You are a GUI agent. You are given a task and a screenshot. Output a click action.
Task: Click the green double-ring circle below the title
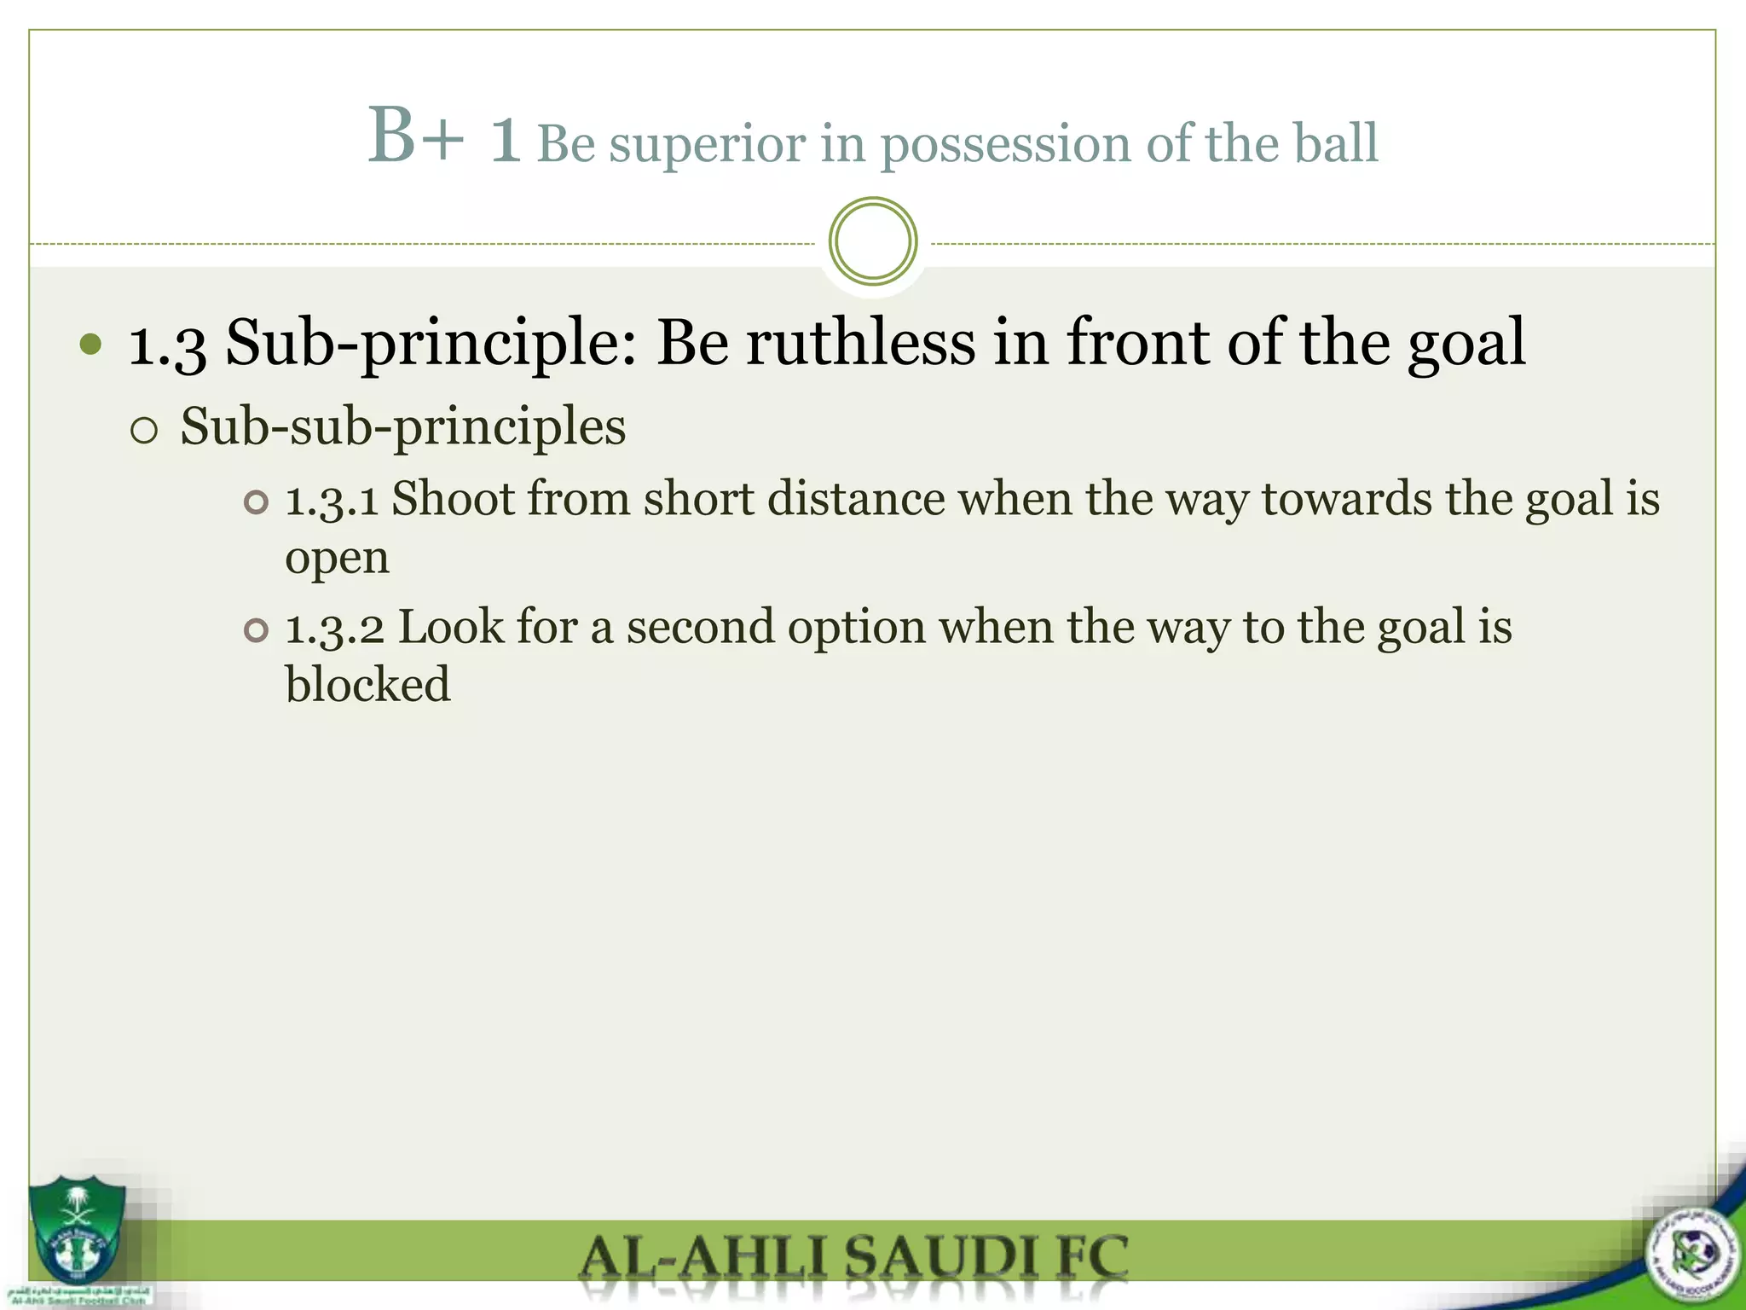[872, 241]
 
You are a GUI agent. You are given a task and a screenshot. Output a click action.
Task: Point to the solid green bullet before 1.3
[90, 345]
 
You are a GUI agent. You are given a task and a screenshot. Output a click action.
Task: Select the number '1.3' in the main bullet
[167, 345]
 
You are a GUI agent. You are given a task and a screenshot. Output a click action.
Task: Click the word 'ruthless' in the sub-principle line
[860, 343]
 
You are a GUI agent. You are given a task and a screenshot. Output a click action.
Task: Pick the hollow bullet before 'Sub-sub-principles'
[145, 430]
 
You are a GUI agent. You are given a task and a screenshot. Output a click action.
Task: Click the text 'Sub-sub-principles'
[402, 426]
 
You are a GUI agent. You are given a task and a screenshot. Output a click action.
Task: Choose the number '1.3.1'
[332, 500]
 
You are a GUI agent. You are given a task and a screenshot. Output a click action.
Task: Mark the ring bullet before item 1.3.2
[256, 630]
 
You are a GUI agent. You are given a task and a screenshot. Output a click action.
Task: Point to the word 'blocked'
[367, 685]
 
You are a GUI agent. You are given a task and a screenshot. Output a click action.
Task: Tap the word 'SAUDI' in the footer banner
[934, 1258]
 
